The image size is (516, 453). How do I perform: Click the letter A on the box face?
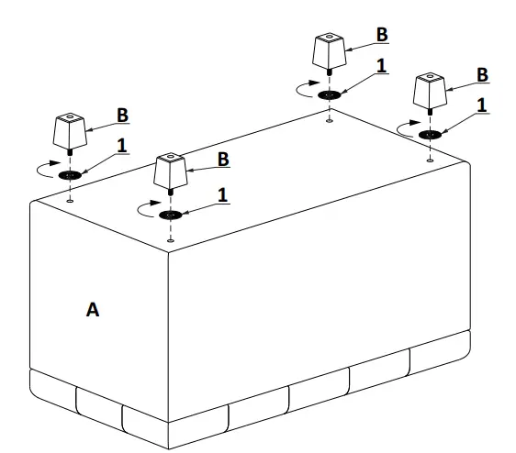tap(92, 310)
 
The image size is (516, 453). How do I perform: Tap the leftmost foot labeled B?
tap(70, 132)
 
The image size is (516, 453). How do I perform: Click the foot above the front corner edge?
tap(170, 171)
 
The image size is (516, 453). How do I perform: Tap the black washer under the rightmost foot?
tap(429, 135)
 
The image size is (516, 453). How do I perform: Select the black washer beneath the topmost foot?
tap(329, 94)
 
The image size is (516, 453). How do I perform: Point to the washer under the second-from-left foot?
tap(170, 215)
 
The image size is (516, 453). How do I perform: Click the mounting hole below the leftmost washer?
tap(71, 198)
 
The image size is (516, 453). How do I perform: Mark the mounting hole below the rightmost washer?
tap(430, 158)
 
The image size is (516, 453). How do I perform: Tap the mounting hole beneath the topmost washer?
tap(329, 117)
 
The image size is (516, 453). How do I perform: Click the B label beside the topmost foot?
tap(382, 34)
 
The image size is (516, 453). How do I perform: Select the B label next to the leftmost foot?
tap(122, 116)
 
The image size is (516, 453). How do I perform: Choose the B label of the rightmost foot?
tap(482, 74)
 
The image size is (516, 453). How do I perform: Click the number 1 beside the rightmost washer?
tap(481, 105)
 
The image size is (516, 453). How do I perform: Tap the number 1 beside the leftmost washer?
tap(121, 145)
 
